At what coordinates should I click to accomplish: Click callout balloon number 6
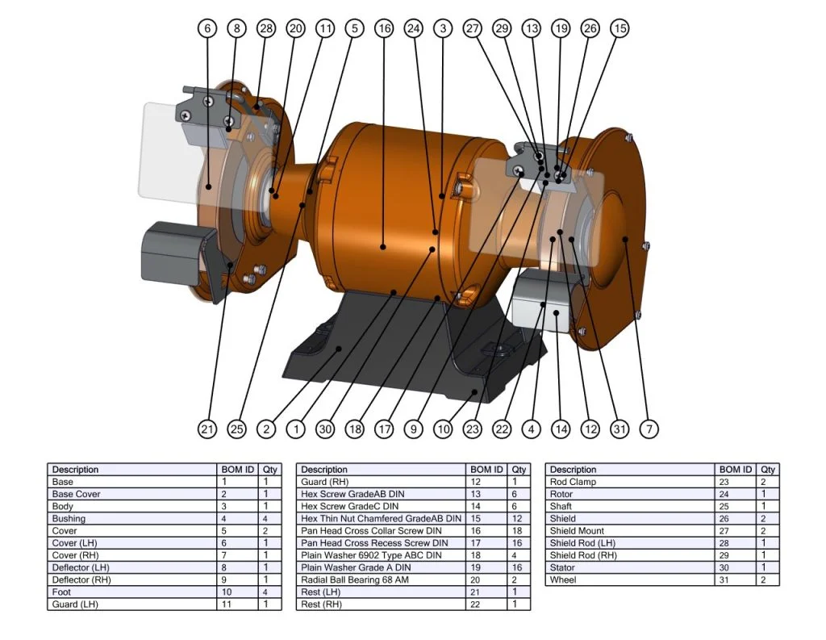[x=207, y=28]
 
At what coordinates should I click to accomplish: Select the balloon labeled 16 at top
[x=384, y=28]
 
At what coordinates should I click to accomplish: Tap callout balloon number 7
[x=649, y=429]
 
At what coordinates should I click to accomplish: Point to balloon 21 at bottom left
[x=207, y=429]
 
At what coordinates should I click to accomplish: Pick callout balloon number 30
[x=325, y=429]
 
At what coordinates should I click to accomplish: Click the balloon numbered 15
[x=619, y=28]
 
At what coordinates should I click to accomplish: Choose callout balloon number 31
[x=619, y=429]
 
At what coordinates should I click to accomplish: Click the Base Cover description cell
[x=77, y=494]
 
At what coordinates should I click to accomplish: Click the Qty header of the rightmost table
[x=769, y=470]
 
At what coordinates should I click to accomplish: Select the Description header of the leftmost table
[x=75, y=470]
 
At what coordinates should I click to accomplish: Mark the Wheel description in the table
[x=563, y=579]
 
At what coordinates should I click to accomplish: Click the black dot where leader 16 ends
[x=384, y=247]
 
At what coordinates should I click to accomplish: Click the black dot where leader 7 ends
[x=627, y=239]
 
